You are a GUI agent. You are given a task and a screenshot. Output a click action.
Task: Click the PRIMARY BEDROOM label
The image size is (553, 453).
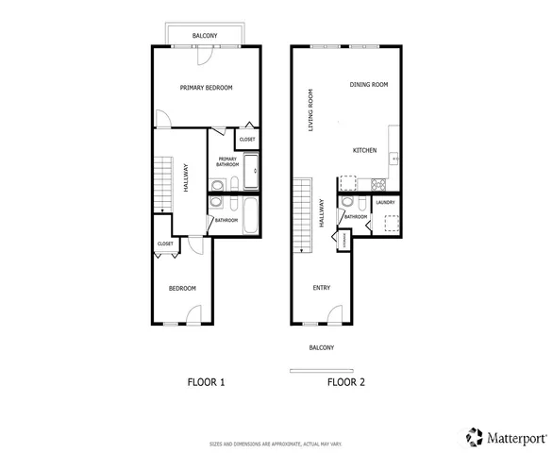point(206,88)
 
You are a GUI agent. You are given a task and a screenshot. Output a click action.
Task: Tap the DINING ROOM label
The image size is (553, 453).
point(369,85)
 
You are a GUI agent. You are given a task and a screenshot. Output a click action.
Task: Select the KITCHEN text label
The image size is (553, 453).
point(365,151)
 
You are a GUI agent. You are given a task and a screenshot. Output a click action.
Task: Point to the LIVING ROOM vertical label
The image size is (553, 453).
point(310,109)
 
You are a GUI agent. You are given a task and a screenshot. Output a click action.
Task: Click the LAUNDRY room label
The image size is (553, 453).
point(385,202)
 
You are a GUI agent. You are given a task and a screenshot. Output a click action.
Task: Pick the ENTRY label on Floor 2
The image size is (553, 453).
point(322,288)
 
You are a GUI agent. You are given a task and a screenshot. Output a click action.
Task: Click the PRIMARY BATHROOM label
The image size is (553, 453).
point(227,161)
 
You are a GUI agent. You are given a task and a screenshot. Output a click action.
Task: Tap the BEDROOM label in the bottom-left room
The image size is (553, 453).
point(182,288)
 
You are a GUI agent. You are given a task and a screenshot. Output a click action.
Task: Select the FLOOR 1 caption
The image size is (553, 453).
point(206,382)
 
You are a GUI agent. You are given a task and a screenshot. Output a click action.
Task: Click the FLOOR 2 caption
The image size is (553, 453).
point(346,382)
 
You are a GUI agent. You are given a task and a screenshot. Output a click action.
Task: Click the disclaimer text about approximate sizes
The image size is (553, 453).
point(276,443)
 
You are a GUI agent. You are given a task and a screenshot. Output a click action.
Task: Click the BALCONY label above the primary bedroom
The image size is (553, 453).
point(206,36)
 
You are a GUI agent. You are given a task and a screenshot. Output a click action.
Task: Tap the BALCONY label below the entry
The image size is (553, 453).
point(321,347)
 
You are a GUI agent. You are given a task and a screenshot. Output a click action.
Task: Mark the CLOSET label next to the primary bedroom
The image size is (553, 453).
point(247,140)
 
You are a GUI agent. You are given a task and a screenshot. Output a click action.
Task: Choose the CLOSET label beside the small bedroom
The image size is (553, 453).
point(165,243)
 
